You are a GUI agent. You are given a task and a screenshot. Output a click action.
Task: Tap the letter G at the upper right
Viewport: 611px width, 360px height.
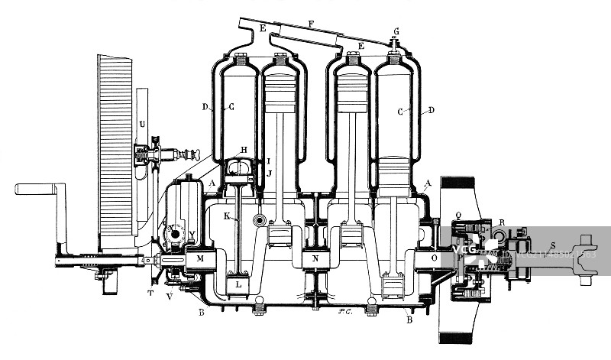click(396, 31)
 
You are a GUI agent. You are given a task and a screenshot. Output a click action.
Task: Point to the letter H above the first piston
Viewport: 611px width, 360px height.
click(244, 149)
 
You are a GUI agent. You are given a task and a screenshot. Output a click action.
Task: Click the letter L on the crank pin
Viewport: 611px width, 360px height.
click(238, 284)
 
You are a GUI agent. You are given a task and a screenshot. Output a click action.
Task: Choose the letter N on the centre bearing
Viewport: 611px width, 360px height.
click(315, 259)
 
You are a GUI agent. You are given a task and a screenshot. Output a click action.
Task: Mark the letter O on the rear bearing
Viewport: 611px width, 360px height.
click(435, 259)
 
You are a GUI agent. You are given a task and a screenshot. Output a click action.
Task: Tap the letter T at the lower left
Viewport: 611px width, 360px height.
click(150, 292)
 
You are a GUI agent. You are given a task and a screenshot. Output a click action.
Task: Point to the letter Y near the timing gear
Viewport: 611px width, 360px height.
click(192, 234)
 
